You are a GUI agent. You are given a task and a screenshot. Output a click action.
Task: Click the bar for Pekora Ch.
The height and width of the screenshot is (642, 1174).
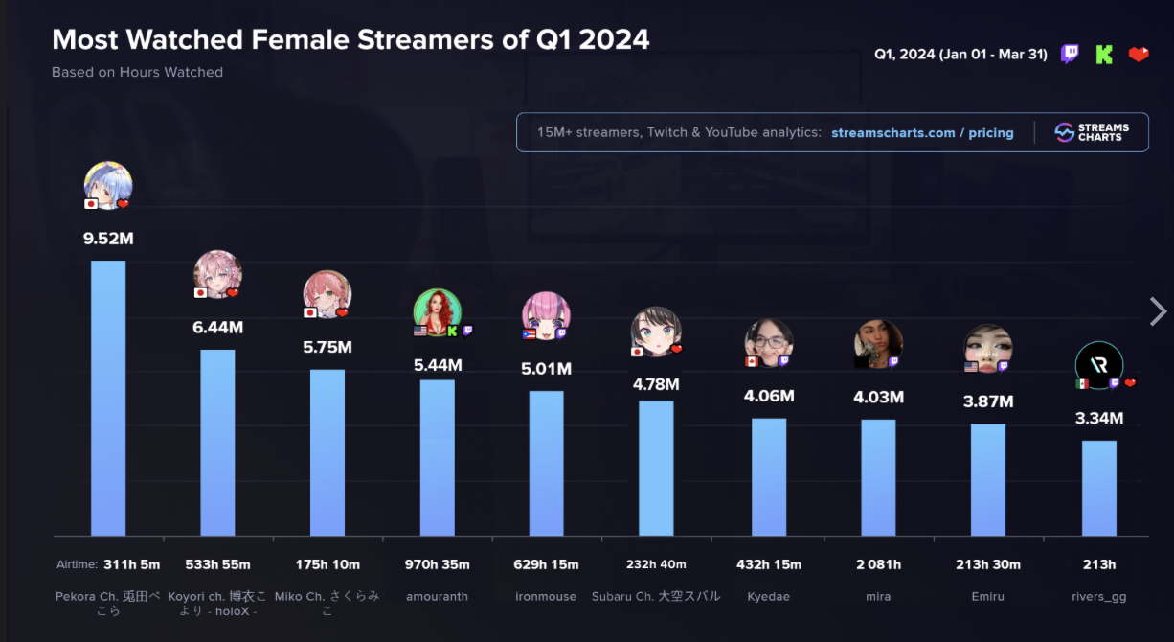point(108,398)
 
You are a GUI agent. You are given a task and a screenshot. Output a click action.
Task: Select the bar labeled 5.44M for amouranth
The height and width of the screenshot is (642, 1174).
point(437,457)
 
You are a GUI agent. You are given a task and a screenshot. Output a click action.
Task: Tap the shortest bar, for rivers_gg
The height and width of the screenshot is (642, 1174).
point(1099,488)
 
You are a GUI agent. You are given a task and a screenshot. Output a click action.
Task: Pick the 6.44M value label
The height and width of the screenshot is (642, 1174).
point(217,328)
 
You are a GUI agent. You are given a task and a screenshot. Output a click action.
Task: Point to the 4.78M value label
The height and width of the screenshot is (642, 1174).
point(656,385)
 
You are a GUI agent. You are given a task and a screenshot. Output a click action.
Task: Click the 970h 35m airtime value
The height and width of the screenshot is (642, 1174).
point(437,564)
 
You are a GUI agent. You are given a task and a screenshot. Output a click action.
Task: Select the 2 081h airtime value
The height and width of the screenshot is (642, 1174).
point(878,564)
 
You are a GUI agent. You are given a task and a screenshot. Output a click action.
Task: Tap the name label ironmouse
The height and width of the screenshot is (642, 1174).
point(546,596)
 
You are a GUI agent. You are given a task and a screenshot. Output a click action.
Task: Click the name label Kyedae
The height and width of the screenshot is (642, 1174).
point(768,596)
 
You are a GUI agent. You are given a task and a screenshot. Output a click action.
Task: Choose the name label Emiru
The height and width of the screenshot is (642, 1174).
point(987,596)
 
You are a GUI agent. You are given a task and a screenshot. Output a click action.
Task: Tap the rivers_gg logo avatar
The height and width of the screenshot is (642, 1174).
point(1098,365)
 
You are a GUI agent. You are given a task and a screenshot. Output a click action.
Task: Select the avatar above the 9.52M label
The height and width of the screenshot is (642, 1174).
point(108,185)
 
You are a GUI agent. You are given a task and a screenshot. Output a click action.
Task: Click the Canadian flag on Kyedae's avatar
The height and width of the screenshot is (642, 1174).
point(752,361)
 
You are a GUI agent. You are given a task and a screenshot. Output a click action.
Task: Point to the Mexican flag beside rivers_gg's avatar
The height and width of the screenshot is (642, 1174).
point(1081,384)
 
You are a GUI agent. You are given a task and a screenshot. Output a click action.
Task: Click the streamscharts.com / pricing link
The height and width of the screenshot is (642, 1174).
point(922,133)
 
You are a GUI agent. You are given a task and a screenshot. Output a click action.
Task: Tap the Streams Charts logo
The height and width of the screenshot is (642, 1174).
point(1092,133)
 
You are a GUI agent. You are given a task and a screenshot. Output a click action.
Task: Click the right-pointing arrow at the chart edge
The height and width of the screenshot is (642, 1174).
point(1158,311)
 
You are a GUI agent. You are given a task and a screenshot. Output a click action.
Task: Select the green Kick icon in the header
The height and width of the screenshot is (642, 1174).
point(1104,55)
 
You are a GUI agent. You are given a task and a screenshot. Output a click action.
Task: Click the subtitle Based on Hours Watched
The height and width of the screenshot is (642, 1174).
point(137,72)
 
